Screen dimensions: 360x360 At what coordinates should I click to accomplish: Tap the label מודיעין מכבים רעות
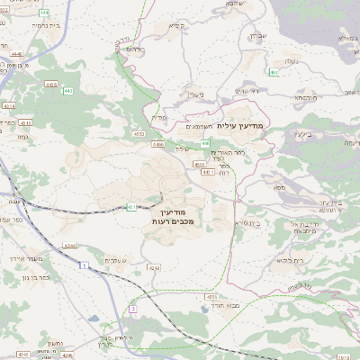pyautogui.click(x=161, y=215)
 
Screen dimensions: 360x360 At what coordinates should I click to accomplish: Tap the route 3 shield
pyautogui.click(x=132, y=309)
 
